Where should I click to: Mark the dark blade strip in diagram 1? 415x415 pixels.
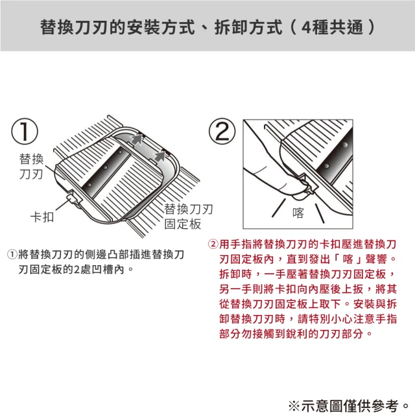[110, 170]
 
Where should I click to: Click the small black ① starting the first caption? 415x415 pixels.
[12, 255]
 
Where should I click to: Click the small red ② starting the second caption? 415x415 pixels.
[213, 244]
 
